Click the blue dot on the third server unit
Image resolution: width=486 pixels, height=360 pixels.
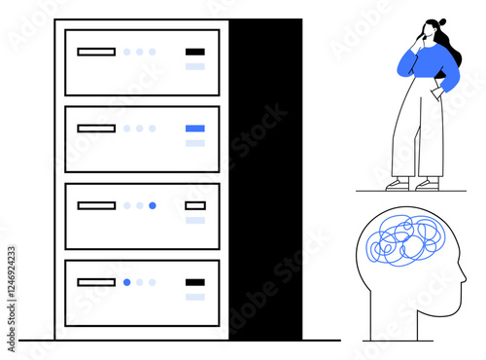[153, 205]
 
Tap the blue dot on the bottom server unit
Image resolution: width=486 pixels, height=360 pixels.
[126, 282]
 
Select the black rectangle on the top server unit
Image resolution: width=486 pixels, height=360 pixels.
[195, 52]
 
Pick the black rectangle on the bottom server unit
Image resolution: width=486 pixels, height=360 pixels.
[195, 282]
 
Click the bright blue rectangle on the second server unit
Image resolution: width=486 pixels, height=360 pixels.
[195, 128]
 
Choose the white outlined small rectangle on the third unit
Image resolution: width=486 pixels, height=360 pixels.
[195, 205]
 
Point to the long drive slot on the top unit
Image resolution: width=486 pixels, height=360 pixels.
[96, 52]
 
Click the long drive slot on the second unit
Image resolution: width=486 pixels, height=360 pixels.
[96, 128]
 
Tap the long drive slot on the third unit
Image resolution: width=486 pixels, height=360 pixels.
[96, 205]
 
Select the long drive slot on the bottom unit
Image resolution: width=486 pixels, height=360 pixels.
[96, 282]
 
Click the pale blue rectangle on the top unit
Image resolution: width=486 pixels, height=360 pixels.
[195, 66]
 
